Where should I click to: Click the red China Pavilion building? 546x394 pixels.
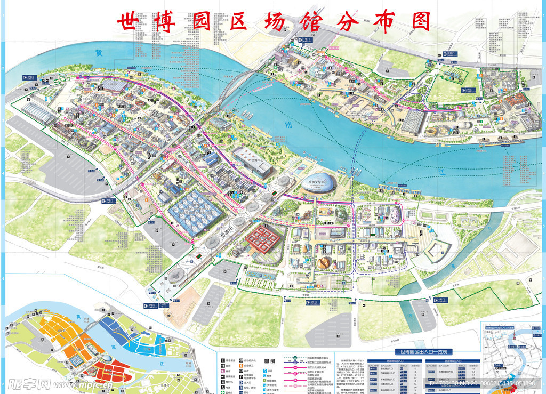[x=264, y=238]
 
